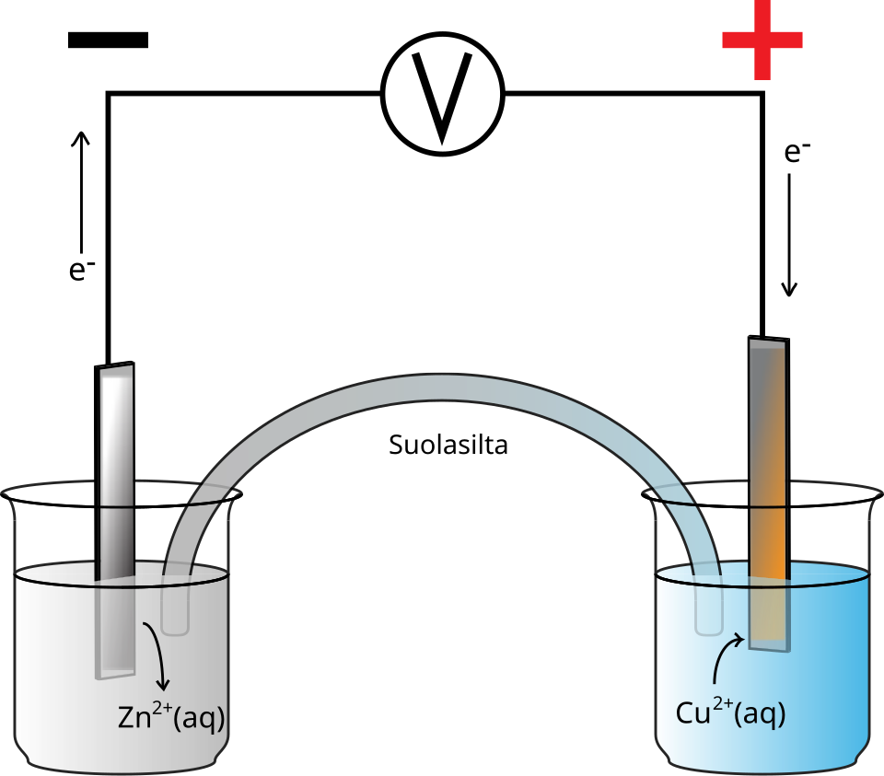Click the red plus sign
(x=762, y=40)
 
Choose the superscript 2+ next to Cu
(x=723, y=704)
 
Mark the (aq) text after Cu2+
(x=760, y=714)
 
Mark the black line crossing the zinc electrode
(x=116, y=508)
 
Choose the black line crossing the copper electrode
(x=768, y=506)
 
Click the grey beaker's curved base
(x=122, y=761)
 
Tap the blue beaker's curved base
(x=762, y=763)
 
